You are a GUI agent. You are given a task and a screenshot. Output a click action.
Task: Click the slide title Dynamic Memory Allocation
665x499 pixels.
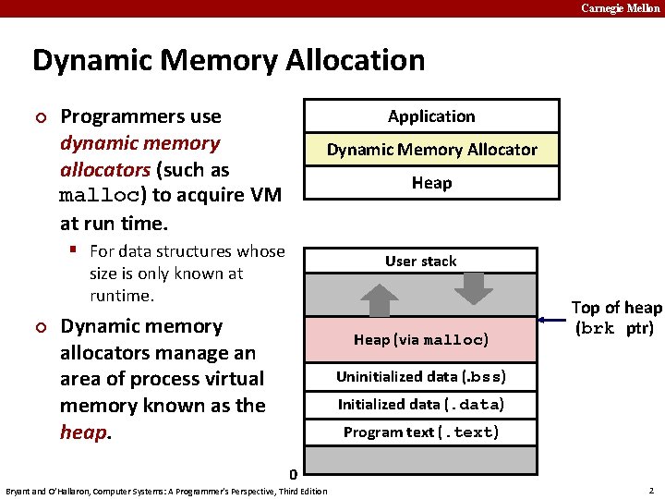(228, 61)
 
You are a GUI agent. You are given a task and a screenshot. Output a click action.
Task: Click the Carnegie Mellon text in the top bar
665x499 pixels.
(620, 8)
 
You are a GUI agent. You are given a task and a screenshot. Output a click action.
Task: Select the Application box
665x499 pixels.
(431, 116)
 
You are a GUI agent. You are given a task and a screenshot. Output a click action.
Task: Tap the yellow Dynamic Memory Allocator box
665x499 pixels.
(431, 150)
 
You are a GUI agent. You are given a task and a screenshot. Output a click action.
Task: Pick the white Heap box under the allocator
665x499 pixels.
(431, 183)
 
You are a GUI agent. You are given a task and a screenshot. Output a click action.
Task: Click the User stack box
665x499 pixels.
(420, 262)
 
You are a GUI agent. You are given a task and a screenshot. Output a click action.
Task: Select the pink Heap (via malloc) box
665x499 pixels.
(420, 339)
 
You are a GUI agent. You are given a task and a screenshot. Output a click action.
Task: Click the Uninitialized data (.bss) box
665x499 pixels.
(420, 377)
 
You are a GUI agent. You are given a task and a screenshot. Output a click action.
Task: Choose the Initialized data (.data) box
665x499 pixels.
(420, 405)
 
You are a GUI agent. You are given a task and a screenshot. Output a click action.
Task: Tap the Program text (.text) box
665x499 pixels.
(420, 432)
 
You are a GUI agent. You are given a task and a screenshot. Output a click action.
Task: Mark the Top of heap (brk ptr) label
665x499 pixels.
(616, 318)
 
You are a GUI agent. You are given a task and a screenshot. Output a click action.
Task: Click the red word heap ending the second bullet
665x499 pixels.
(84, 432)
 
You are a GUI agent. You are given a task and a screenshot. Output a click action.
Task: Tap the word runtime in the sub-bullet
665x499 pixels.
(120, 296)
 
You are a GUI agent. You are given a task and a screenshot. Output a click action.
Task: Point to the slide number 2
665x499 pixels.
(651, 490)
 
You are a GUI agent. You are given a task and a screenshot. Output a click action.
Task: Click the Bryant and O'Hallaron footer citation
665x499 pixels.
(166, 491)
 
